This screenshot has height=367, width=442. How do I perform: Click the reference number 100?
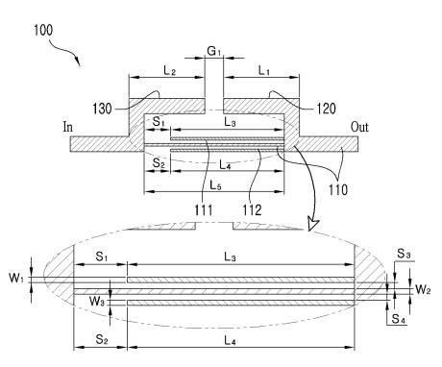tap(43, 30)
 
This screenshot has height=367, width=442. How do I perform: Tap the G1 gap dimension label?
tap(214, 51)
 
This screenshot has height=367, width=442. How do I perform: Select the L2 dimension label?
tap(170, 70)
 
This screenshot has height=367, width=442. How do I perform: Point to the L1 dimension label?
tap(264, 70)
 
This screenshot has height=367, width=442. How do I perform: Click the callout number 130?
tap(102, 109)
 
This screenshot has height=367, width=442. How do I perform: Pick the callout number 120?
tap(326, 109)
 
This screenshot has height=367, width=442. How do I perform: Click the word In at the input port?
tap(68, 127)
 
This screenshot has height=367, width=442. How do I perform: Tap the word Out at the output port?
tap(359, 127)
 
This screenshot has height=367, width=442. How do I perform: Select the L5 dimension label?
tap(215, 185)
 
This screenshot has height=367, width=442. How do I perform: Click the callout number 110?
tap(338, 190)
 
